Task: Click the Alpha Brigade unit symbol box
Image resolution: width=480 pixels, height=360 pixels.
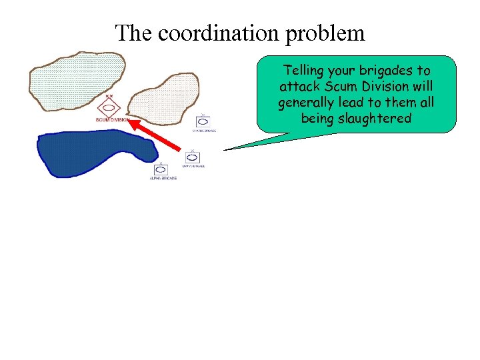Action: (x=161, y=170)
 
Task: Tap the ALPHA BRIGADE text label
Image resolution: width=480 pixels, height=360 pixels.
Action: (x=163, y=179)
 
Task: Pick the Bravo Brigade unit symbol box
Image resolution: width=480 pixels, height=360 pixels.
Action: (x=193, y=158)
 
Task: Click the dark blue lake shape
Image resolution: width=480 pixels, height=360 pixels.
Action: (x=93, y=153)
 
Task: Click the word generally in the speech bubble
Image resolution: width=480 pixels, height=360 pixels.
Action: (x=307, y=103)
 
